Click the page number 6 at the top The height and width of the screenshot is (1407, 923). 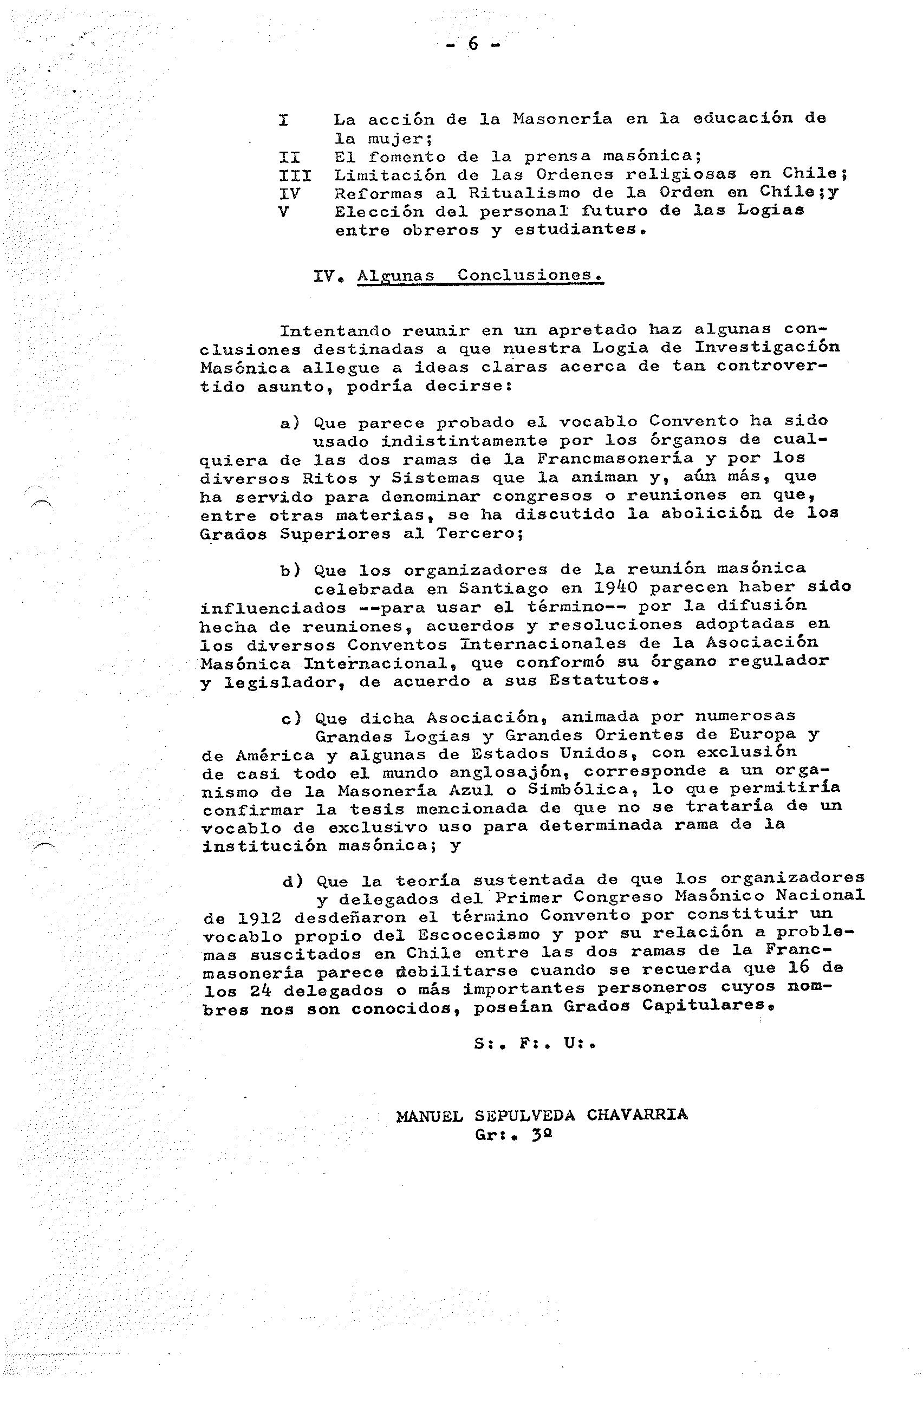(x=472, y=44)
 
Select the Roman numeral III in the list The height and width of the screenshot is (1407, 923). (x=295, y=175)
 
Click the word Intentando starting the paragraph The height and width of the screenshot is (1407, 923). (x=335, y=330)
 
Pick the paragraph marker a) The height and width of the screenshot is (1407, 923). (x=290, y=422)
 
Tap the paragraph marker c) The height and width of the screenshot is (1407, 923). (x=291, y=719)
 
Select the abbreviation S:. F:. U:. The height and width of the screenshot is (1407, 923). (x=534, y=1044)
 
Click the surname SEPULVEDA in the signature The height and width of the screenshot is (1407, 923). (x=524, y=1115)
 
